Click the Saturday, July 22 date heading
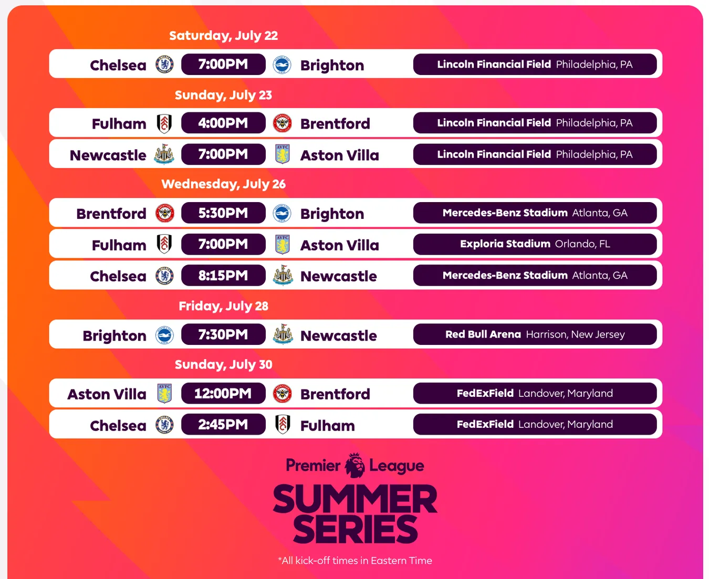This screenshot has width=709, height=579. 223,36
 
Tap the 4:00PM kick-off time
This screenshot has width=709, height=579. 223,123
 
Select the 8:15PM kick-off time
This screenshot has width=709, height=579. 223,275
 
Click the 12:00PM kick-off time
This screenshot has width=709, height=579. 223,393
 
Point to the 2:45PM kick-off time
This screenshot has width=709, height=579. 223,425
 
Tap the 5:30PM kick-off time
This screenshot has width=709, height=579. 223,213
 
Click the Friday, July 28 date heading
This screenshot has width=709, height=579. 223,306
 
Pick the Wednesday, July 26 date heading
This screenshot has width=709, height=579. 223,184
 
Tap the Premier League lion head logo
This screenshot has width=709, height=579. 354,466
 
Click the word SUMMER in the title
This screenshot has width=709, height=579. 355,499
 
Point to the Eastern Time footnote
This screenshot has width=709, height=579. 355,561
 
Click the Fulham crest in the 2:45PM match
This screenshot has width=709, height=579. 283,424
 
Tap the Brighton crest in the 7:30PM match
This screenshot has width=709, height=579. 164,335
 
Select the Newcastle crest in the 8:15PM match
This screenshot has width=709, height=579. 283,275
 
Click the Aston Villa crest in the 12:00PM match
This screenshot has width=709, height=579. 164,393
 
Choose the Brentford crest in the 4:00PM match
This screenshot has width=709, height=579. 283,123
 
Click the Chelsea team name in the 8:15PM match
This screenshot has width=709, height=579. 118,276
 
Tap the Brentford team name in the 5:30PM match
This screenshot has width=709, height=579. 111,214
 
